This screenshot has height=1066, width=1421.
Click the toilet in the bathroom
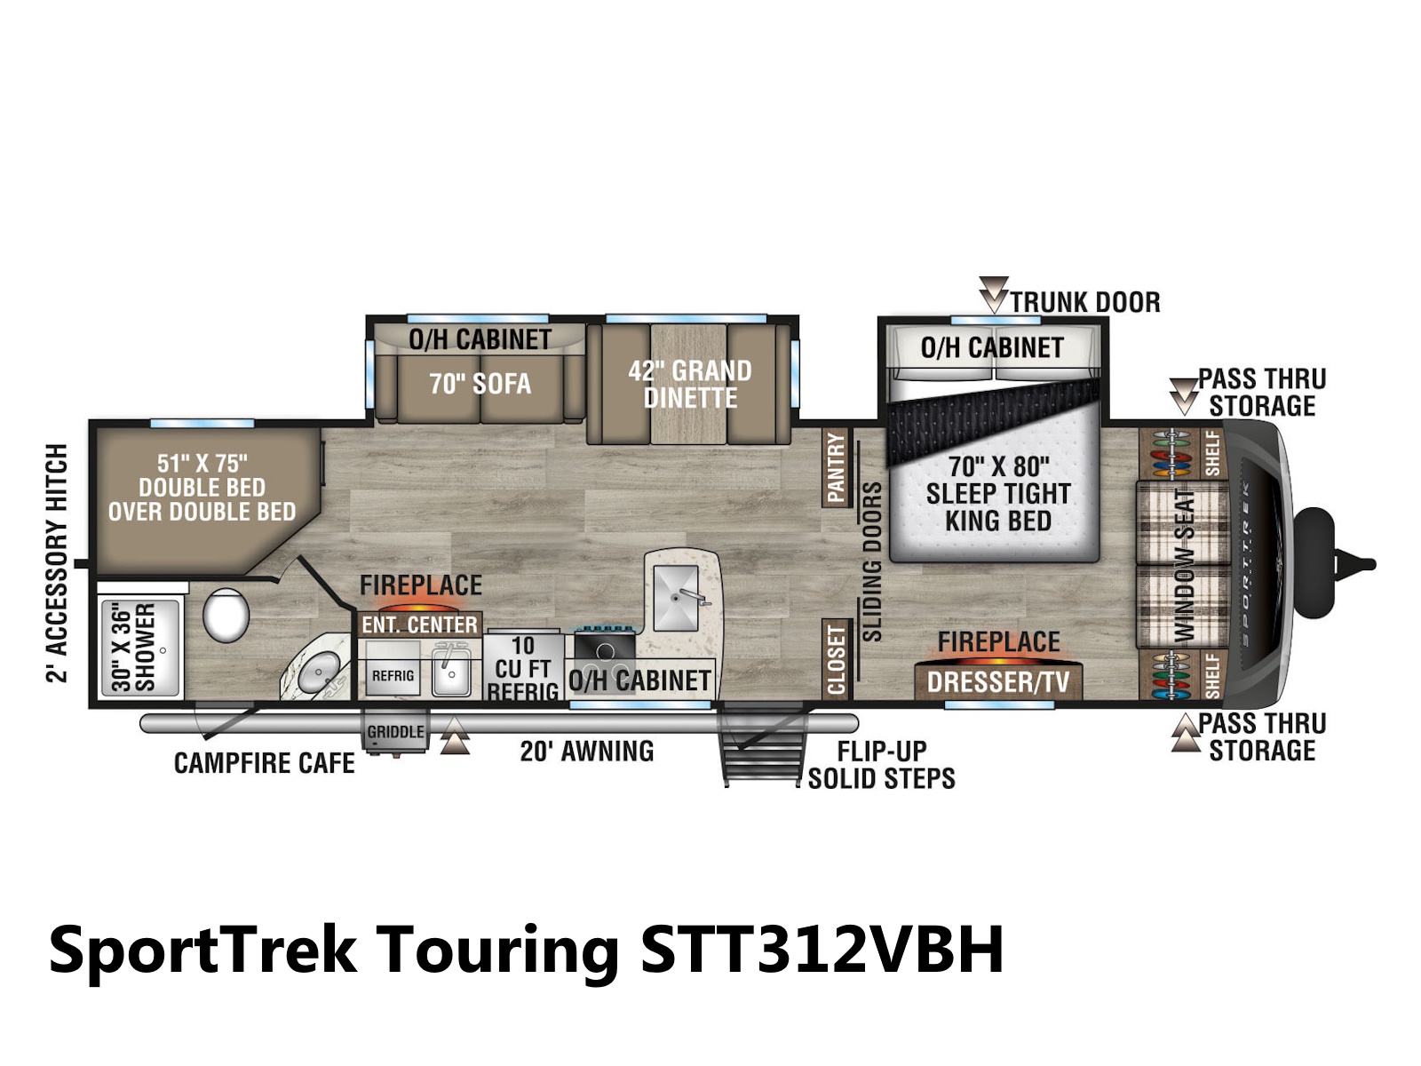tap(226, 614)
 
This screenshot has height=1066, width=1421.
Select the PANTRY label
tap(835, 467)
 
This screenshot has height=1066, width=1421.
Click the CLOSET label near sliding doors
tap(835, 659)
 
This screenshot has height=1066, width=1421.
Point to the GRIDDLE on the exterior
tap(395, 731)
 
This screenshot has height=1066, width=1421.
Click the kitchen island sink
tap(677, 598)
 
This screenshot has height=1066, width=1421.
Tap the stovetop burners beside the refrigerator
tap(605, 654)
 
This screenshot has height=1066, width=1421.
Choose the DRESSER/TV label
tap(998, 681)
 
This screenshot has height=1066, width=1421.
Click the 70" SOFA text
tap(480, 384)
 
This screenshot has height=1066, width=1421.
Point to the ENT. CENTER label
tap(419, 624)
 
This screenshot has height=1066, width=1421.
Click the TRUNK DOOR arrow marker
tap(993, 295)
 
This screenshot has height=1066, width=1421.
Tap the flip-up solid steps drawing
tap(763, 744)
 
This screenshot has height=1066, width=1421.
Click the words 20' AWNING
tap(586, 752)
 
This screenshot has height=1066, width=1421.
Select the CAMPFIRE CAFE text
tap(264, 763)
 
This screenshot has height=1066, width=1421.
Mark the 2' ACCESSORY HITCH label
tap(57, 563)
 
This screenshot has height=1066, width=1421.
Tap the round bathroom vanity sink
tap(318, 671)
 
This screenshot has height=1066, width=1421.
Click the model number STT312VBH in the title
tap(822, 950)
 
